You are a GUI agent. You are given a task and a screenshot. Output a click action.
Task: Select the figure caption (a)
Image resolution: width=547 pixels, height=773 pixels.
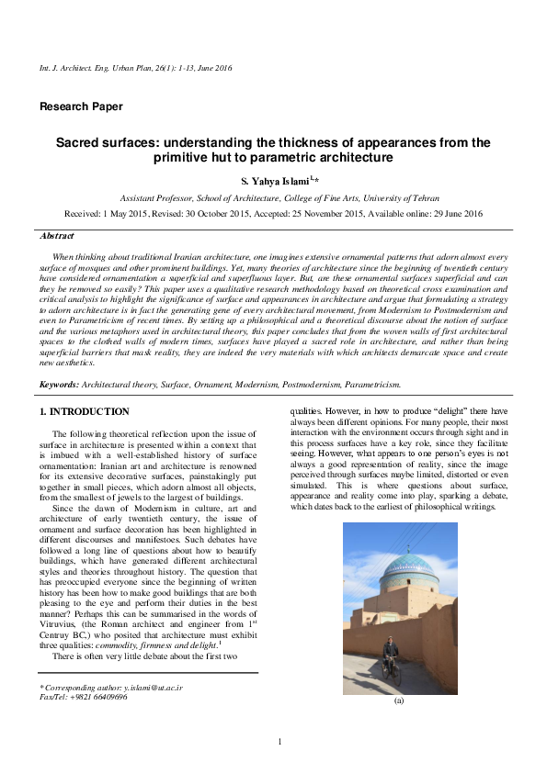(x=399, y=700)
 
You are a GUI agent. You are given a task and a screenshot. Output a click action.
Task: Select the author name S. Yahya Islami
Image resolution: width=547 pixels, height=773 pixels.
(x=269, y=180)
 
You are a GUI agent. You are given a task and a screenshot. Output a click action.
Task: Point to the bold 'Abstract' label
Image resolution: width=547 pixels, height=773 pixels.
(x=58, y=236)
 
